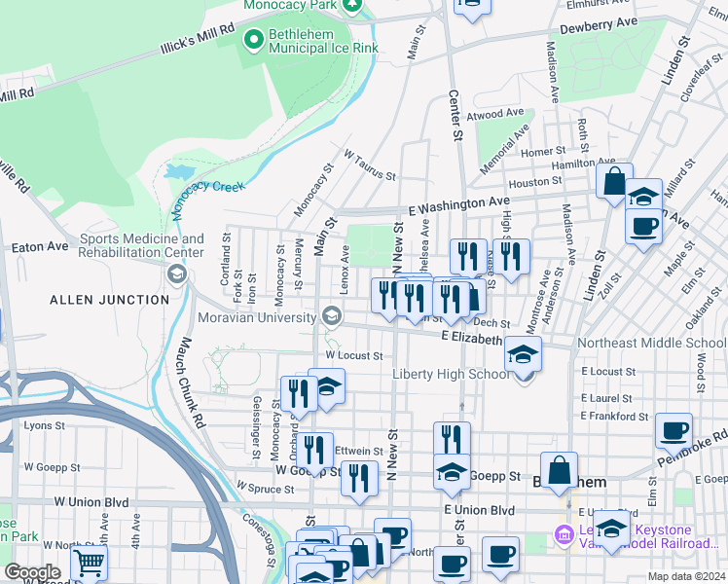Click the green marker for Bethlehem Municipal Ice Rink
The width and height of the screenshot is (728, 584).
tap(254, 40)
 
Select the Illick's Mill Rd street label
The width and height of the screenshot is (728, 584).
tap(198, 42)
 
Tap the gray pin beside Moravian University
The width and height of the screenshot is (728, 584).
tap(332, 315)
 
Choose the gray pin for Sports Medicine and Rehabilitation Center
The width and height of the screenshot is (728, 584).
tap(176, 274)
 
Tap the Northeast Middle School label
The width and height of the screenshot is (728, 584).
tap(650, 343)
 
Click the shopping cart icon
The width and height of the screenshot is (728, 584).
tap(89, 562)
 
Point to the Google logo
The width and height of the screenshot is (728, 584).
tap(31, 572)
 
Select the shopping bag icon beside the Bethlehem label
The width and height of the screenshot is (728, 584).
tap(560, 469)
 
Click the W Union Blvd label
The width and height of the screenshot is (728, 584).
tap(91, 500)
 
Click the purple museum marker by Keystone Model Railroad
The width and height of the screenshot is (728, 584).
tap(563, 533)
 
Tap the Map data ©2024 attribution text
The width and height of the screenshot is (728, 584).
tap(686, 576)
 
